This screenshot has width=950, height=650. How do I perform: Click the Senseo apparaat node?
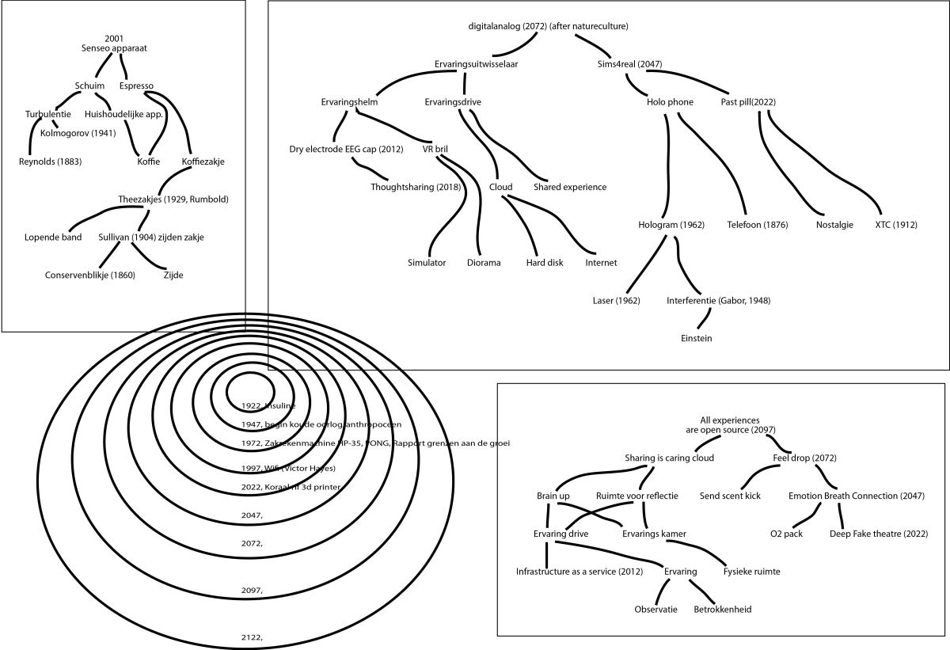coord(114,48)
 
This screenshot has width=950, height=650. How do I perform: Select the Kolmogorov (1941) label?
coord(78,132)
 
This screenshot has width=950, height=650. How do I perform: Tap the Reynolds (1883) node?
coord(51,162)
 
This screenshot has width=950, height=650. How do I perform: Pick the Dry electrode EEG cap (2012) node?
coord(347,149)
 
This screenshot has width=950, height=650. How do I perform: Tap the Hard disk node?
coord(545,263)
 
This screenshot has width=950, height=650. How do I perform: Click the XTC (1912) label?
coord(896,225)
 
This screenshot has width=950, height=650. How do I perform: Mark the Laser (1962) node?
coord(616,301)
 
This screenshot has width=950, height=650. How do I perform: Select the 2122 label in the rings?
coord(251,637)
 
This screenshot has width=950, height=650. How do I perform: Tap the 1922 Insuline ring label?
coord(268,405)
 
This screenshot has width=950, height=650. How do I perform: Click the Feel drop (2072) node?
coord(804,458)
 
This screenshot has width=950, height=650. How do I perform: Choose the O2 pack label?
coord(786,534)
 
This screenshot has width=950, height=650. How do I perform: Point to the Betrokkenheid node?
coord(722,610)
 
